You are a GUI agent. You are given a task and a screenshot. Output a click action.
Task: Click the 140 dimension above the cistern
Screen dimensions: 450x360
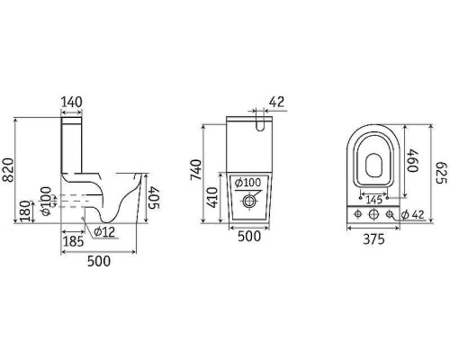tap(71, 102)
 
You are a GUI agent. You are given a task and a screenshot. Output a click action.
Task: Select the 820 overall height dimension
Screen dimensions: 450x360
tap(8, 170)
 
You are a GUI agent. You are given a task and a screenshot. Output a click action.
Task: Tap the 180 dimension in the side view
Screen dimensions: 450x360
tap(26, 211)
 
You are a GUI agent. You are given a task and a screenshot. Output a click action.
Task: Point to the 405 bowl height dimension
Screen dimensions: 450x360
tap(155, 197)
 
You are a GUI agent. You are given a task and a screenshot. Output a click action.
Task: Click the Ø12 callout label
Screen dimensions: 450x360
tap(104, 232)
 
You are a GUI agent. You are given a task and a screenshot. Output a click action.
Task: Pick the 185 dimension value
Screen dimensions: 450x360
tap(73, 241)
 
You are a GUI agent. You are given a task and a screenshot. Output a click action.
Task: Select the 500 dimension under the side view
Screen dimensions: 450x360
tap(99, 261)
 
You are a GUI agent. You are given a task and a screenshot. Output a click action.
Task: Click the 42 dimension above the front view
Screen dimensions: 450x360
tap(276, 102)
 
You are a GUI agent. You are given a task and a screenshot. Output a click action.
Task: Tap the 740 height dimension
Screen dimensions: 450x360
tap(196, 170)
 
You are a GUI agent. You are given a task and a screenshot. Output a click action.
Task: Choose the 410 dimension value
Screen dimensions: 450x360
tap(213, 197)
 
